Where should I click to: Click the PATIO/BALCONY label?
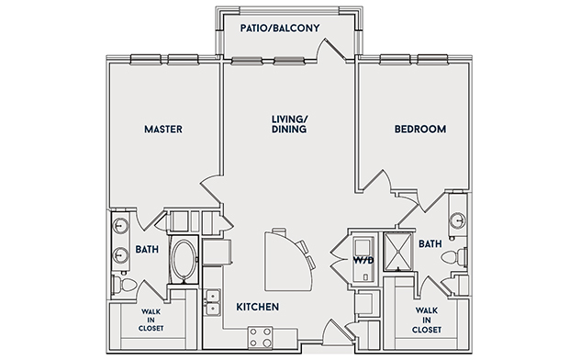tap(280, 28)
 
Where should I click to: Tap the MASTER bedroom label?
tap(163, 129)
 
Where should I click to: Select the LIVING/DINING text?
tap(289, 124)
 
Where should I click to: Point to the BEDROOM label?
tap(420, 129)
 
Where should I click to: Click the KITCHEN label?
tap(258, 307)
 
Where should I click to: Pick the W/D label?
tap(363, 260)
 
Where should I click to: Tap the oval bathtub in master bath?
tap(184, 260)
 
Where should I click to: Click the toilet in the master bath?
tap(125, 286)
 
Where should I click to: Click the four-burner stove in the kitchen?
tap(260, 338)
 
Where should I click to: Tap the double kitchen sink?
tap(213, 302)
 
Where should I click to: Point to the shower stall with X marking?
tap(398, 252)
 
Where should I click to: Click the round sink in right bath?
tap(457, 220)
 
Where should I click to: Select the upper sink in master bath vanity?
tap(120, 225)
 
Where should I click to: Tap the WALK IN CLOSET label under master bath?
tap(151, 320)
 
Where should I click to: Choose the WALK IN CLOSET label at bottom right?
tap(427, 320)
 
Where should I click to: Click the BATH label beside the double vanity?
tap(147, 250)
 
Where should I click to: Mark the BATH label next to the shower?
tap(430, 244)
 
